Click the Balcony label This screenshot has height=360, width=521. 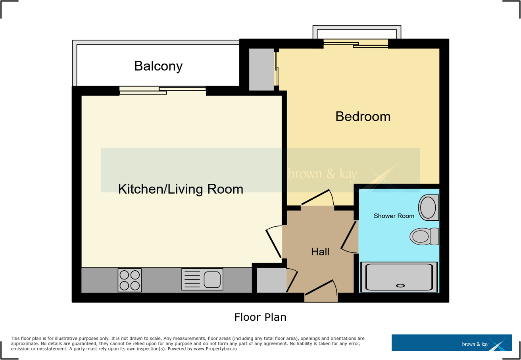158,66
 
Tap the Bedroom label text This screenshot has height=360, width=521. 363,117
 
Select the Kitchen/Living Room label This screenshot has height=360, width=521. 181,189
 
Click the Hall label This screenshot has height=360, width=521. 320,252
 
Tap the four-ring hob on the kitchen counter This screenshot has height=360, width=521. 130,280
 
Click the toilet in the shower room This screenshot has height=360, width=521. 424,237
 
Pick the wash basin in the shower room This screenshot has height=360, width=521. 429,208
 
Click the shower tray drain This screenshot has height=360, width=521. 400,285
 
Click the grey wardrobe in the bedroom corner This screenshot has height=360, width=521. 261,69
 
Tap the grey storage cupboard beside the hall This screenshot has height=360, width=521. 271,280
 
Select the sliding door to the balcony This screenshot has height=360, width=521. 163,91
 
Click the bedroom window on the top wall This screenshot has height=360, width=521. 355,44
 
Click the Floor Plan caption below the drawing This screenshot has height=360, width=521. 260,318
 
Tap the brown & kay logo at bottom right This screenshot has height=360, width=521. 452,343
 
